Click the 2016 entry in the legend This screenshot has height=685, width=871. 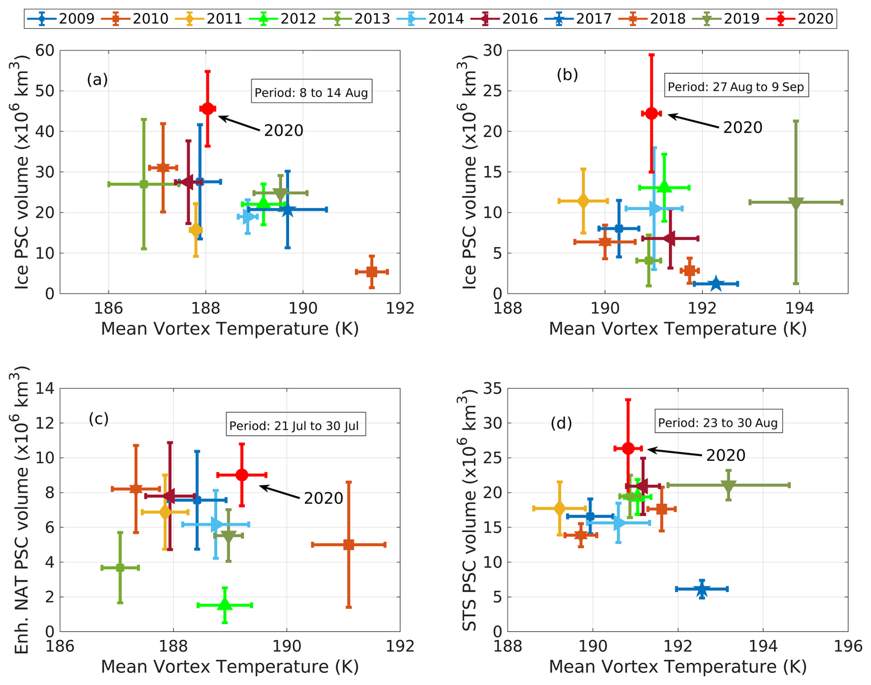pyautogui.click(x=505, y=19)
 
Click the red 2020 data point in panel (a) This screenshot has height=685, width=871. pyautogui.click(x=208, y=109)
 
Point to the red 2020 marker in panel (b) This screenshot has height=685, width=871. pyautogui.click(x=651, y=113)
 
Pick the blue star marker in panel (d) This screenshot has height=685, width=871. pyautogui.click(x=702, y=589)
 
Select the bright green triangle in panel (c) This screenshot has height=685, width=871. pyautogui.click(x=225, y=604)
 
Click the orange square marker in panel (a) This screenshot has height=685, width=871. pyautogui.click(x=372, y=272)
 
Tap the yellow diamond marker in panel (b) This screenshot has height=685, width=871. pyautogui.click(x=583, y=201)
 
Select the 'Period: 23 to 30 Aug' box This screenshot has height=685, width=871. pyautogui.click(x=718, y=422)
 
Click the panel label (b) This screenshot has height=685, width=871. pyautogui.click(x=567, y=75)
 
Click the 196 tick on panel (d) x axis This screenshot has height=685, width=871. pyautogui.click(x=848, y=646)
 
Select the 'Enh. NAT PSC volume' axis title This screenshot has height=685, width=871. pyautogui.click(x=20, y=510)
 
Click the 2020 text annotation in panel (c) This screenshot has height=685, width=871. pyautogui.click(x=323, y=498)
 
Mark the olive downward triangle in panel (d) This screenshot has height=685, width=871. pyautogui.click(x=728, y=486)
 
